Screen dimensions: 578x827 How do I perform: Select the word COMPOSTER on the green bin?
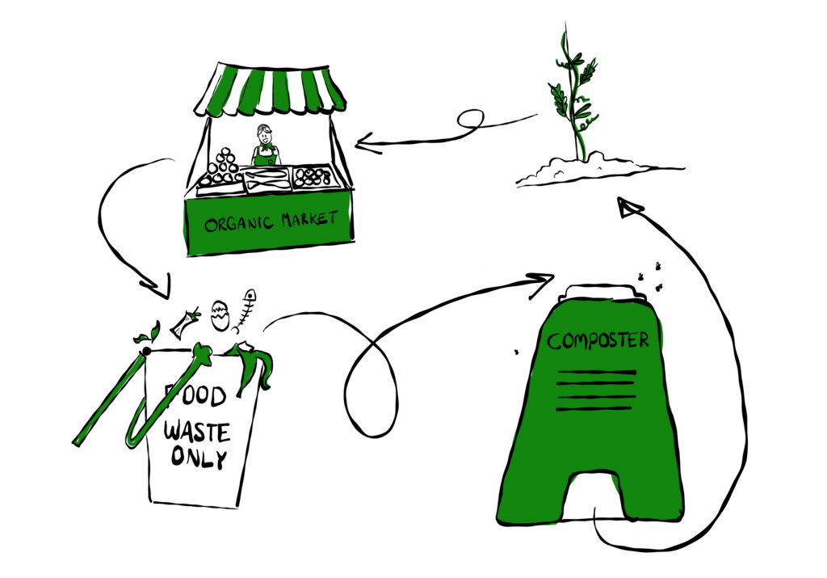tap(598, 340)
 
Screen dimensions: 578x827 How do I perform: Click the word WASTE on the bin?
tap(196, 430)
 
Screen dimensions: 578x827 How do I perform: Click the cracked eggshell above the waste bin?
tap(220, 314)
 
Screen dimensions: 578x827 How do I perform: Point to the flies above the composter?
tap(651, 276)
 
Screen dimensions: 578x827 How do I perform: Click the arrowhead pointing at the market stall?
tap(367, 146)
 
